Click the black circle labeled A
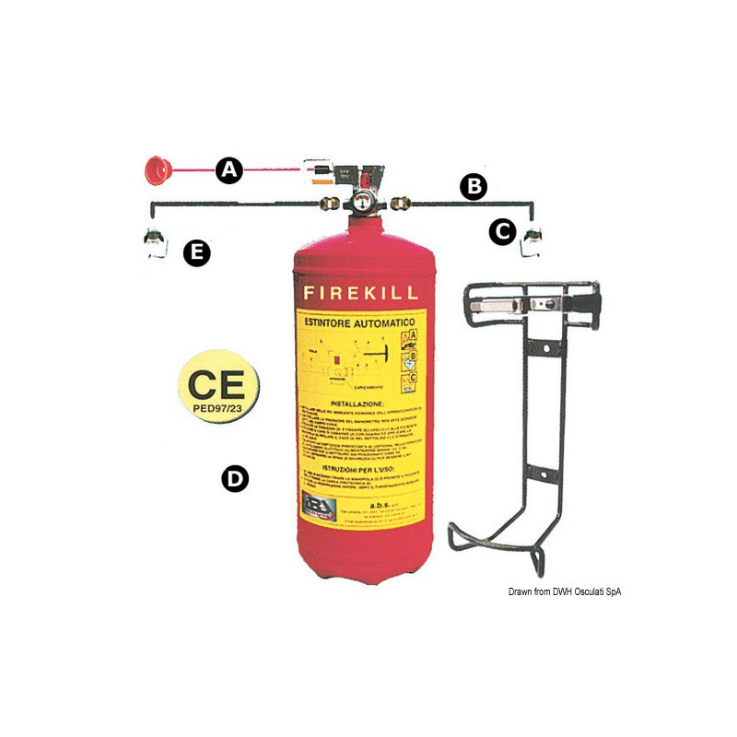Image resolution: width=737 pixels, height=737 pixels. [x=228, y=170]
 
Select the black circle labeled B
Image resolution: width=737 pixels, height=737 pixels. [x=473, y=187]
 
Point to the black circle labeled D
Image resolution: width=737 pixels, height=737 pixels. [x=236, y=478]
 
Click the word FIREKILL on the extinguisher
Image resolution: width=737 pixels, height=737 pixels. [x=360, y=294]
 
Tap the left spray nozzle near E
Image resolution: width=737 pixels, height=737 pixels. [x=156, y=241]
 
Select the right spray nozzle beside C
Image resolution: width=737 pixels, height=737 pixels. [x=532, y=242]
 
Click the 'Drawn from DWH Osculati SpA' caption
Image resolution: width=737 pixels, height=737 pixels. [x=564, y=591]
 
